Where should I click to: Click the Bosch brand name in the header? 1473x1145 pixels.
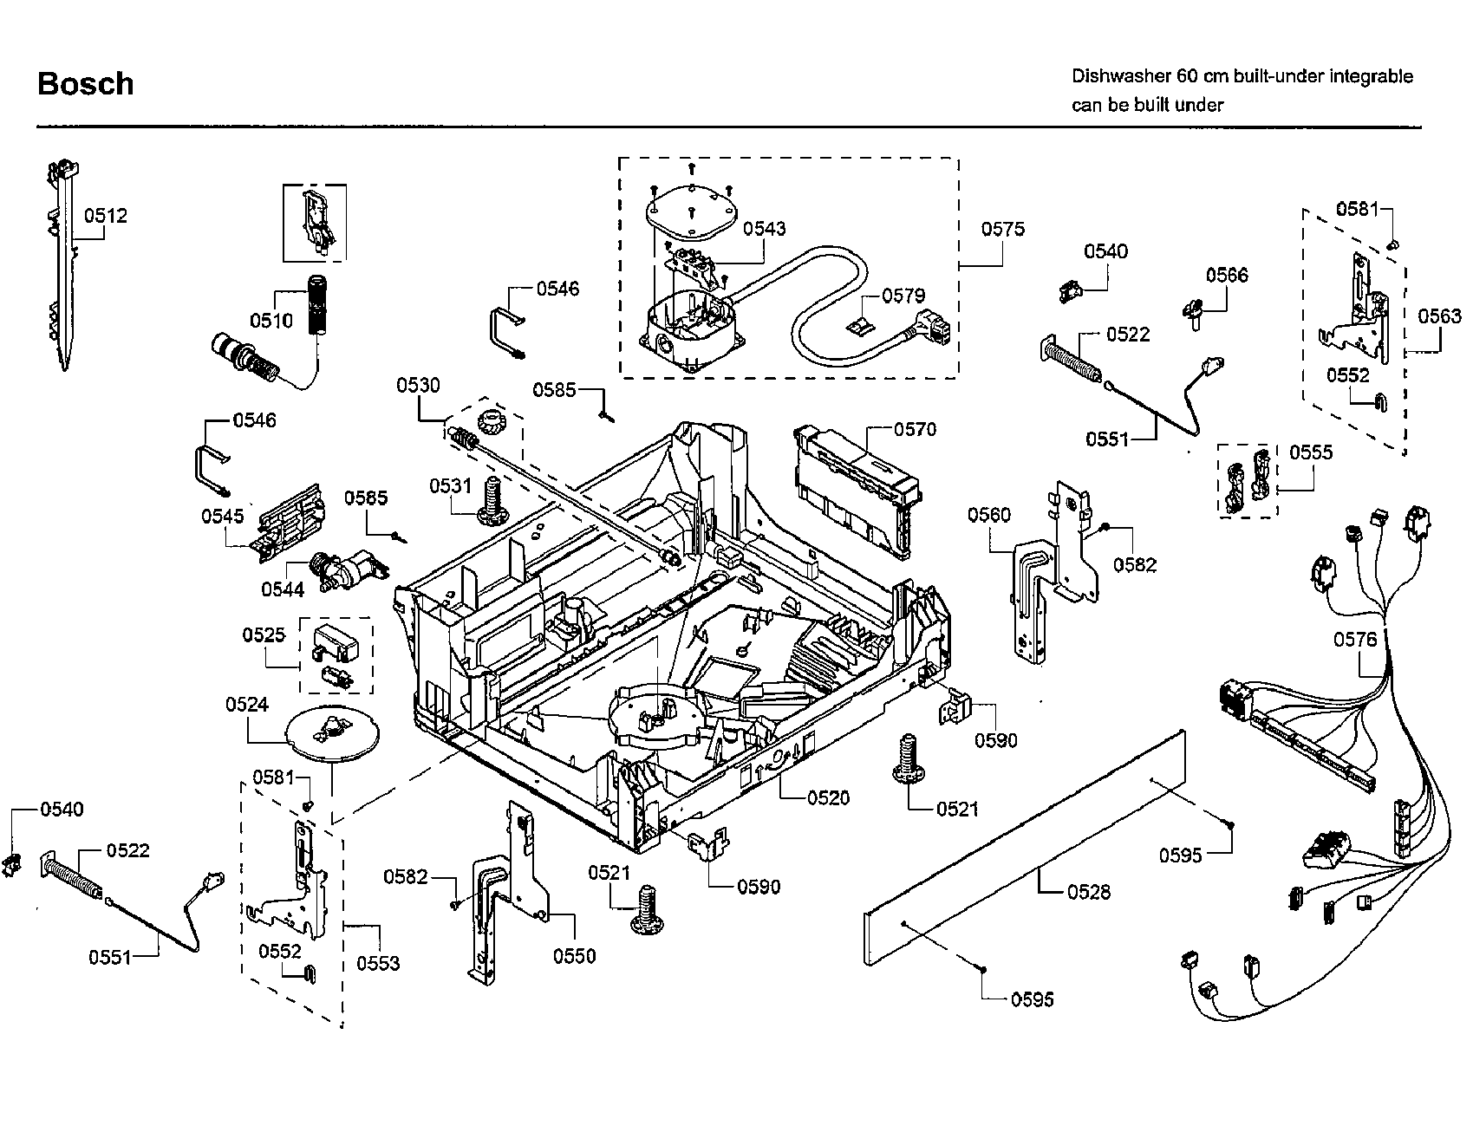click(x=85, y=84)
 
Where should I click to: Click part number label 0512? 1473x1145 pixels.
click(x=106, y=216)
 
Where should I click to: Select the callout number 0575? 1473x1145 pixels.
click(x=1002, y=229)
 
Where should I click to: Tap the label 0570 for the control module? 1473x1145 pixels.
click(x=915, y=429)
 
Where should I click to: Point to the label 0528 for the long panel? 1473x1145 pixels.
click(x=1088, y=892)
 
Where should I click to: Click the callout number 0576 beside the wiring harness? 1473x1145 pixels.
click(x=1354, y=640)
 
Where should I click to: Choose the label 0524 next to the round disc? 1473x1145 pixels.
click(x=247, y=705)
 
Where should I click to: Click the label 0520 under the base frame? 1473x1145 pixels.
click(x=828, y=797)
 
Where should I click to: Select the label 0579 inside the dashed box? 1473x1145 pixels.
click(x=903, y=296)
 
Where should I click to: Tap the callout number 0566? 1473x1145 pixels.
click(x=1227, y=275)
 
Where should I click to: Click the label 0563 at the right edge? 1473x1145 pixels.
click(x=1439, y=316)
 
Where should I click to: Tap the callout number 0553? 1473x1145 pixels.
click(x=378, y=963)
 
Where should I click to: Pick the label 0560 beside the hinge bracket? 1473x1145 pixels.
click(x=988, y=516)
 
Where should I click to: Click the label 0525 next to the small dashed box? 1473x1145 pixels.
click(x=264, y=634)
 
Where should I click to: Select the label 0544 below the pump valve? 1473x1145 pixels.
click(x=283, y=589)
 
